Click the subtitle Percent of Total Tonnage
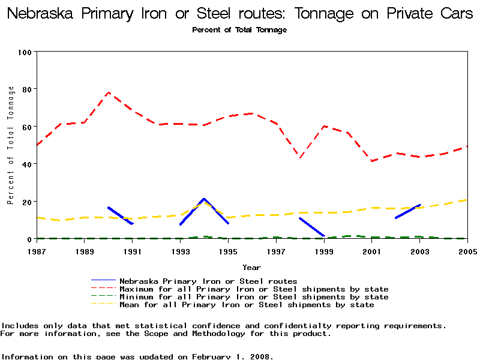pos(239,30)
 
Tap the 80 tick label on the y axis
pos(26,89)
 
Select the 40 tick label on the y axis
pos(26,164)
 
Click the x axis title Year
pos(251,267)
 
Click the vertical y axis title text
pos(10,145)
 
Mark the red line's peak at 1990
pos(108,93)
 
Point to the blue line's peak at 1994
pos(204,199)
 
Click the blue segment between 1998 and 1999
pos(312,227)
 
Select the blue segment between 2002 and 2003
pos(408,211)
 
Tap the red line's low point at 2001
pos(372,161)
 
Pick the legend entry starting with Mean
pos(246,305)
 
